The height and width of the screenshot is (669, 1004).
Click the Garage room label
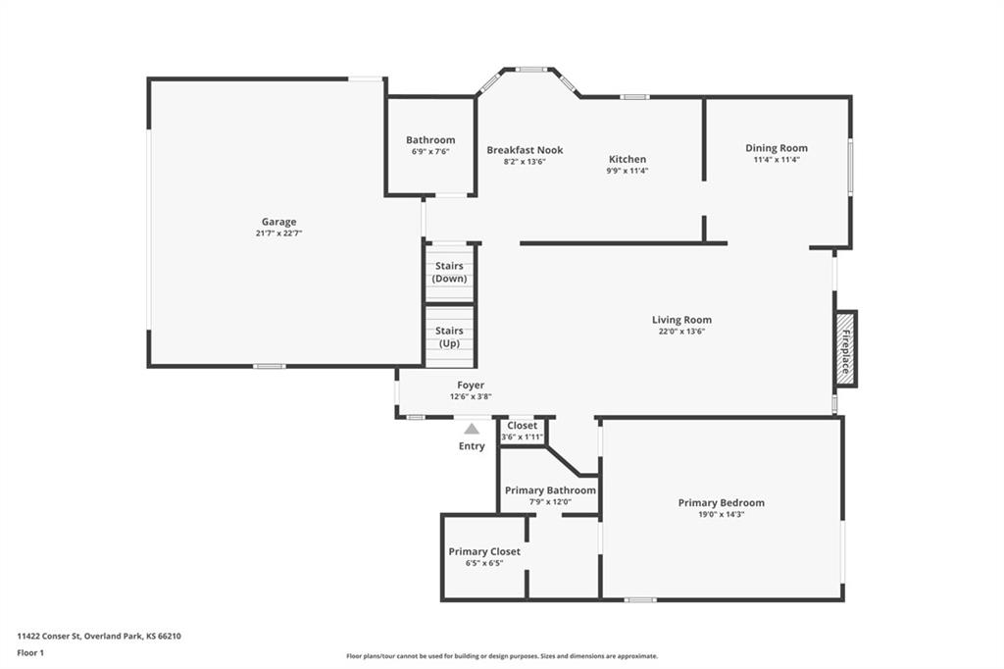pyautogui.click(x=278, y=222)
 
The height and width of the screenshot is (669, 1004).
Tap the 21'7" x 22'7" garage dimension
pyautogui.click(x=278, y=233)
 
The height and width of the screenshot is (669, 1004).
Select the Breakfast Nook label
pyautogui.click(x=525, y=150)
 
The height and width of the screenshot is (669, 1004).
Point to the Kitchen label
pyautogui.click(x=627, y=159)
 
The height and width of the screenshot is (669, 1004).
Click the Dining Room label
pyautogui.click(x=777, y=148)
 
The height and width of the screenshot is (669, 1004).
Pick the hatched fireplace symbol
pyautogui.click(x=845, y=348)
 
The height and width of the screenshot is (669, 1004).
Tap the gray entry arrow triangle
pyautogui.click(x=472, y=429)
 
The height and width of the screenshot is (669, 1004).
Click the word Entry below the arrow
pyautogui.click(x=472, y=446)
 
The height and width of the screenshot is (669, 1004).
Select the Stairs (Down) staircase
pyautogui.click(x=449, y=273)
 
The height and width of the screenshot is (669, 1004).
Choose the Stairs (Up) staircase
pyautogui.click(x=449, y=337)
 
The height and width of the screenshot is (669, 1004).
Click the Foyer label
pyautogui.click(x=471, y=386)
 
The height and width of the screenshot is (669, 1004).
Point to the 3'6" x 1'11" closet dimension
pyautogui.click(x=523, y=437)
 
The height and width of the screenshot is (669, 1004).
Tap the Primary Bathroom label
pyautogui.click(x=551, y=490)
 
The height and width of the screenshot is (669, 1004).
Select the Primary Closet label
pyautogui.click(x=484, y=551)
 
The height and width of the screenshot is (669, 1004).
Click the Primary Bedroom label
pyautogui.click(x=721, y=503)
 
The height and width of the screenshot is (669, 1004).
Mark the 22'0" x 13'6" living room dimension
pyautogui.click(x=682, y=332)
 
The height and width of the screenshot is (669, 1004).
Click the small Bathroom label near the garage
pyautogui.click(x=430, y=139)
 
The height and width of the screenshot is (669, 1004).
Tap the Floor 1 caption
pyautogui.click(x=30, y=653)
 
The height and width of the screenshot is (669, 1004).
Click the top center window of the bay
pyautogui.click(x=532, y=70)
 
